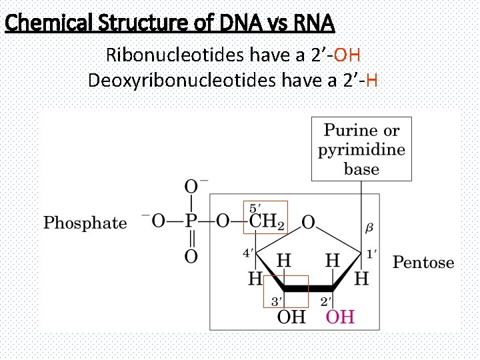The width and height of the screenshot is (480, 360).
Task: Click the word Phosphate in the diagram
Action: (x=85, y=223)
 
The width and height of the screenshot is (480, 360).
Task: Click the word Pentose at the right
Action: (x=423, y=262)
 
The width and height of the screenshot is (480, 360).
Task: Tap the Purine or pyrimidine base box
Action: (x=361, y=149)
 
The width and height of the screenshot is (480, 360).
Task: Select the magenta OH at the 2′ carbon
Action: (x=339, y=316)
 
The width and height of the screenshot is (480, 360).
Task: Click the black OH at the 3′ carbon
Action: (x=291, y=316)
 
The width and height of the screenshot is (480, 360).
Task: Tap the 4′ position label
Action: (x=248, y=253)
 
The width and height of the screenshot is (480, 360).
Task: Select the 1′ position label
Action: (x=372, y=253)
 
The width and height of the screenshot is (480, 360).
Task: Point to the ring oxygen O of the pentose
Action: (x=308, y=222)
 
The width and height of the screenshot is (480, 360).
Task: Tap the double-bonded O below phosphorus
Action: (x=191, y=256)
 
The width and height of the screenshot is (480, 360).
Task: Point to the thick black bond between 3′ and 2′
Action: (x=309, y=289)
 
